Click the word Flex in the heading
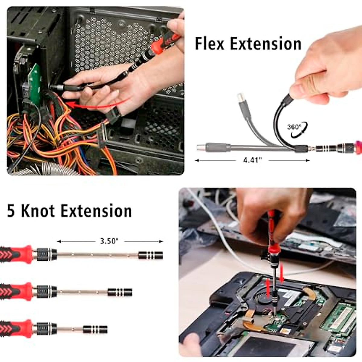[210, 44]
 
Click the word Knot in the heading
[39, 211]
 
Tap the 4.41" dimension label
[252, 160]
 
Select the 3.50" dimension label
[110, 241]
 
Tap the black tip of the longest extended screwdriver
[151, 256]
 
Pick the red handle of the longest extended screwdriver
[17, 254]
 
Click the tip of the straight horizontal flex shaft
[200, 148]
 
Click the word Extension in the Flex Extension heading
[265, 44]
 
